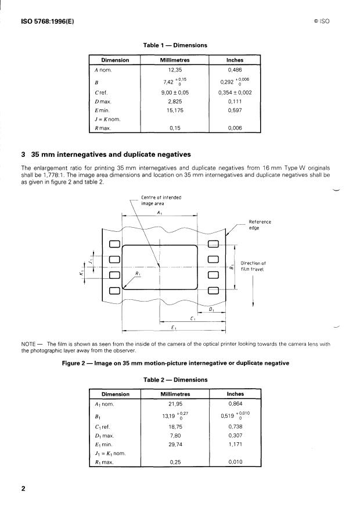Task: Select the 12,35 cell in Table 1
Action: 175,70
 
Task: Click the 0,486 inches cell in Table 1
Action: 235,70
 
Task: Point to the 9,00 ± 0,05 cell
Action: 175,92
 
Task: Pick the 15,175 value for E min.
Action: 175,109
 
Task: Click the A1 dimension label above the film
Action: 160,213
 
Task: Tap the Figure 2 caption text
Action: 175,363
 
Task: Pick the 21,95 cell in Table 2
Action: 175,404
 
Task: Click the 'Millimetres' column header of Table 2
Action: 175,394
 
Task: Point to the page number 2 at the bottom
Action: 23,489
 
